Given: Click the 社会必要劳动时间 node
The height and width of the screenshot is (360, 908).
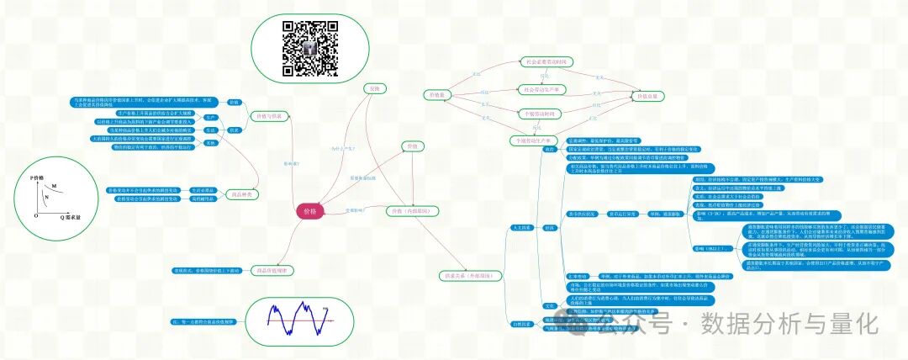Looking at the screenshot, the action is click(546, 61).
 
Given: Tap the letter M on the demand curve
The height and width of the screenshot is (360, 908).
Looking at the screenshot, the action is click(55, 186).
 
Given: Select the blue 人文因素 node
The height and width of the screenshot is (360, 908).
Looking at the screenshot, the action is click(521, 228).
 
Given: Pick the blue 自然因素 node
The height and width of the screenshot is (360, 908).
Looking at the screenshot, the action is click(521, 323).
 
